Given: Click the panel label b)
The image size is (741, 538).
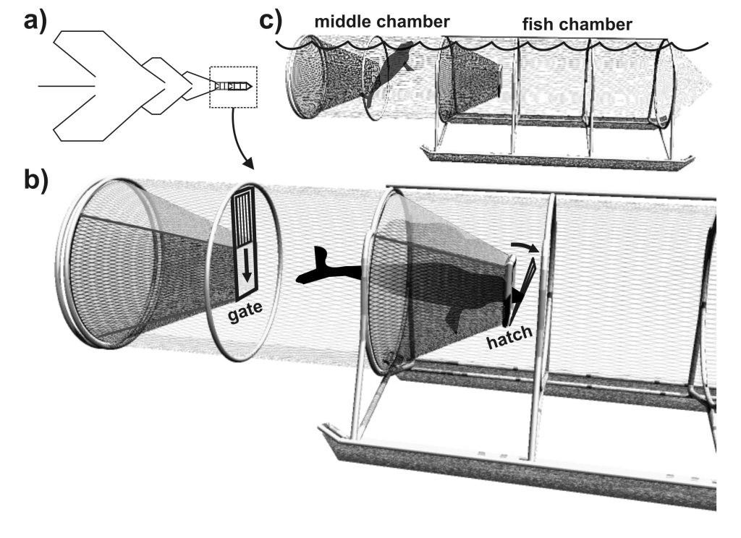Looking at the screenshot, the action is pos(36,180).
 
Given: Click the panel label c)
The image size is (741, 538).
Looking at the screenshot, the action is pos(271,20).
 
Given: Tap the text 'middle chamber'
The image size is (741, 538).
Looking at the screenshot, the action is pos(382,22).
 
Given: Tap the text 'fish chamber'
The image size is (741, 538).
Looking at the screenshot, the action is pos(577,24).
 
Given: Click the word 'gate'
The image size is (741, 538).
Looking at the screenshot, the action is pos(245,312).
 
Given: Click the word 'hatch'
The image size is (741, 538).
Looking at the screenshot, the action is pos(509,336).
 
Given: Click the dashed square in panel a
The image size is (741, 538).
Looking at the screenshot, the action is pos(234,87).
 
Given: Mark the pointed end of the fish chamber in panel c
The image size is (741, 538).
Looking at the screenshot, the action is pos(711,84).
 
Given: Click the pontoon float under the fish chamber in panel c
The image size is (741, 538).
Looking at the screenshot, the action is pos(558,157).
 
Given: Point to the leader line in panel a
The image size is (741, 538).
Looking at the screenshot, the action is pos(67,86).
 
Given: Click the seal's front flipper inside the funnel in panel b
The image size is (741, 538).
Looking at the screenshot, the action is pos(454,320).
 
